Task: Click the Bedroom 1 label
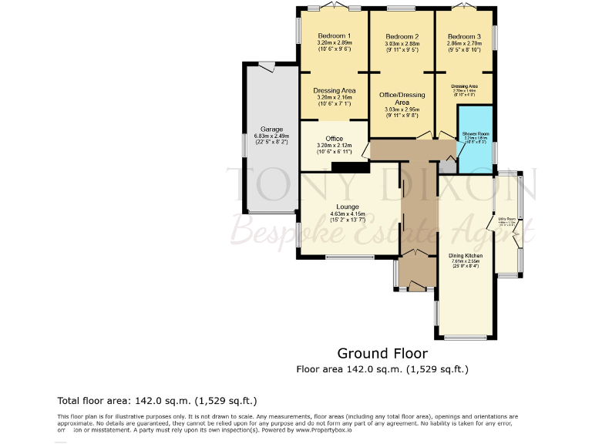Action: pos(334,36)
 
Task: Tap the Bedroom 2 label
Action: pos(402,37)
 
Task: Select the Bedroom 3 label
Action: pos(464,37)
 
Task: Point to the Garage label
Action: pos(271,129)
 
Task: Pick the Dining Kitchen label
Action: pos(465,255)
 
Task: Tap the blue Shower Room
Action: pos(476,138)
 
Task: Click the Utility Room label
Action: pos(506,220)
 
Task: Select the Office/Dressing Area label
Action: pos(402,98)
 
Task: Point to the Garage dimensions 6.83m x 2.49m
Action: pos(271,136)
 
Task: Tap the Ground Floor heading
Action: pos(382,354)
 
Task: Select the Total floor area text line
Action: pos(156,401)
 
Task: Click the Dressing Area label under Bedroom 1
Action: pos(334,91)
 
